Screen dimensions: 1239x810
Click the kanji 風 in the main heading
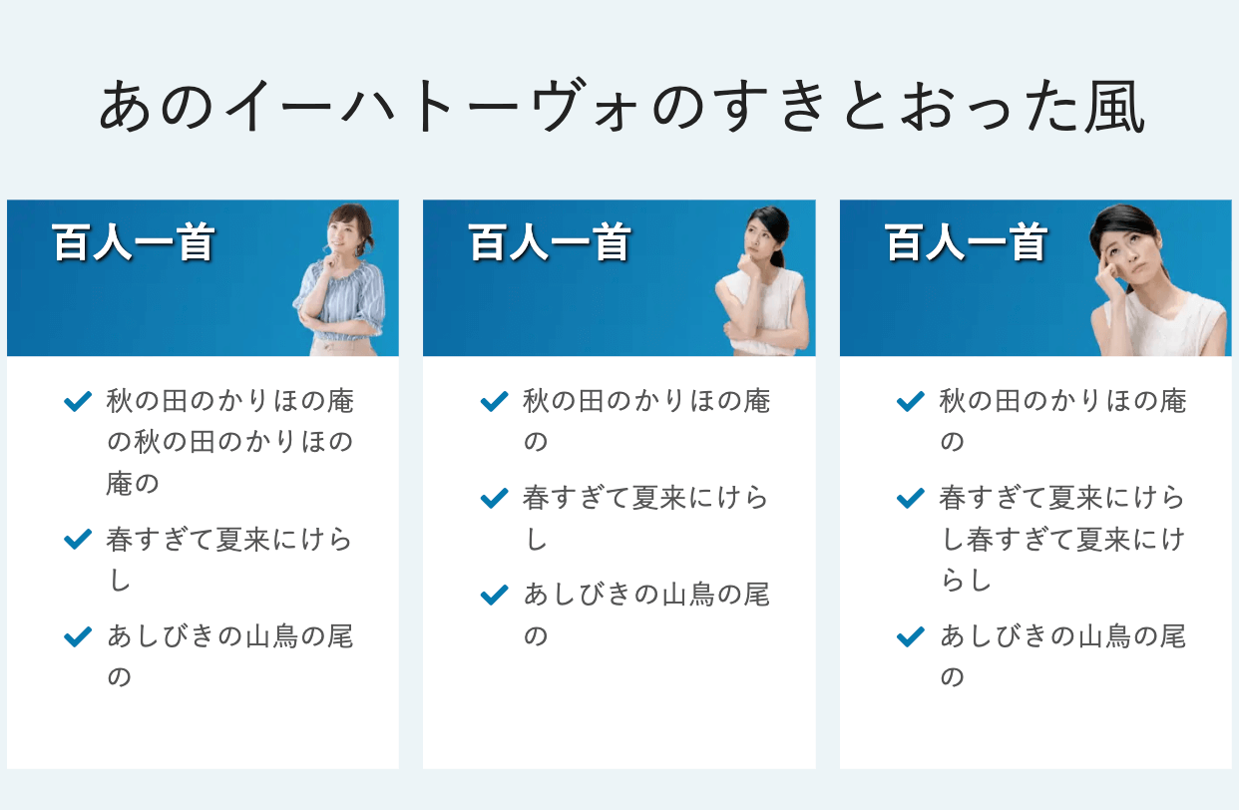pos(1113,106)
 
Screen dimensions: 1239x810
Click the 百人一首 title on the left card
pos(134,242)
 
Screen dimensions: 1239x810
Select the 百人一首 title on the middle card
pos(550,242)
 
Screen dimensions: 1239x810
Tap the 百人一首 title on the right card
pos(967,242)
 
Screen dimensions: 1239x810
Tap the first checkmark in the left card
pos(78,401)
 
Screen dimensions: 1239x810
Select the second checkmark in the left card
pos(78,540)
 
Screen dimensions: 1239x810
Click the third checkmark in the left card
pos(78,636)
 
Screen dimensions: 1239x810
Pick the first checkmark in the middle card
pos(495,401)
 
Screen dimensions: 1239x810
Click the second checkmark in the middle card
pos(495,498)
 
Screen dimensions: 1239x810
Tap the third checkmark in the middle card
pos(495,595)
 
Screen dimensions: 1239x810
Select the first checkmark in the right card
pos(911,401)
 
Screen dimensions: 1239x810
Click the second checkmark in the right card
pos(911,498)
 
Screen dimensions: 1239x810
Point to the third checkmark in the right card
pos(911,636)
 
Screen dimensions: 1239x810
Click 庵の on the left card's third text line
pos(133,484)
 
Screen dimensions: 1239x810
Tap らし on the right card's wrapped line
pos(967,581)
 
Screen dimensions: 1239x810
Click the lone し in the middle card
pos(536,540)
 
